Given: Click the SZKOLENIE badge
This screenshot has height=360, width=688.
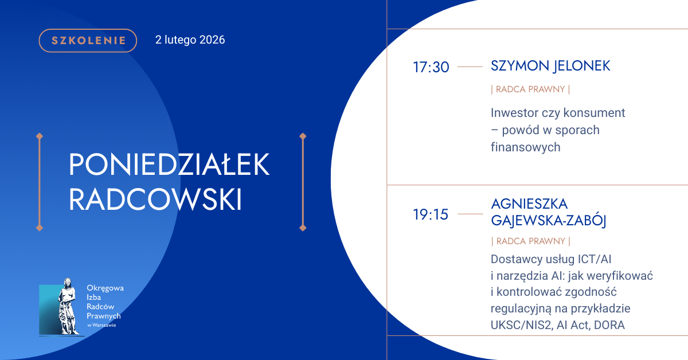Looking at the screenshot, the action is [x=88, y=41].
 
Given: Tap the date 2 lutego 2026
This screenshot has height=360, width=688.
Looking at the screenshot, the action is [x=190, y=40].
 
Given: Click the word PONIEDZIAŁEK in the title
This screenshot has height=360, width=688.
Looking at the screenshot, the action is [x=169, y=165].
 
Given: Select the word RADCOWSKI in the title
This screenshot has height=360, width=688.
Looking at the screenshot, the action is [x=155, y=199].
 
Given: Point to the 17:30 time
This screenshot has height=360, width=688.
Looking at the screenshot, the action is [x=431, y=67].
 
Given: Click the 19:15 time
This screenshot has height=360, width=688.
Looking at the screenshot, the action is [x=431, y=214].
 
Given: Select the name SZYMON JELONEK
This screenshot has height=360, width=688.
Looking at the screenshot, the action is [x=550, y=66].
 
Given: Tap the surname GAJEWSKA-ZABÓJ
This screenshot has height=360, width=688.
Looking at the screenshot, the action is [x=549, y=221].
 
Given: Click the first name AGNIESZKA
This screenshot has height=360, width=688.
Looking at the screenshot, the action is [x=529, y=204].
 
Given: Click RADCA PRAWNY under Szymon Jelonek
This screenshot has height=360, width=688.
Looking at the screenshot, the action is [x=530, y=89].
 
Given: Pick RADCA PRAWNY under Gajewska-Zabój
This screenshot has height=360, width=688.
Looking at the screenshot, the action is [x=531, y=241].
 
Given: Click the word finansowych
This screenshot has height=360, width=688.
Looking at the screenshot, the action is [x=526, y=147].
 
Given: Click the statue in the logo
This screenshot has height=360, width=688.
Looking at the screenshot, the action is [x=68, y=306].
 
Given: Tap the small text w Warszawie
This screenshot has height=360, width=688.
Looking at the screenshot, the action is [x=101, y=325].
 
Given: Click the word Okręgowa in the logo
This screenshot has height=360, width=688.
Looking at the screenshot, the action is [x=105, y=288].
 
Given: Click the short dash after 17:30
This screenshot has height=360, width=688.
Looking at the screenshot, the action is [x=470, y=66].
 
